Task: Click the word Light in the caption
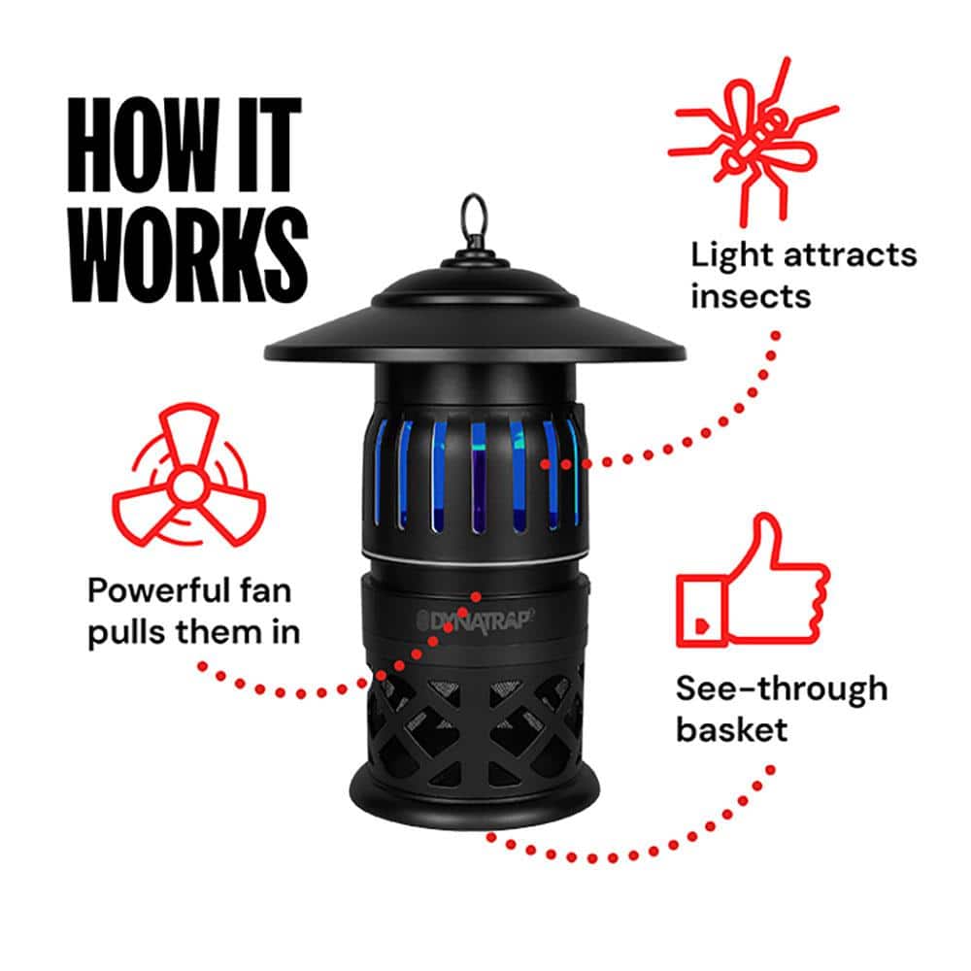coord(728,256)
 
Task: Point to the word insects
coord(750,296)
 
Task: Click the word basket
coord(731,729)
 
